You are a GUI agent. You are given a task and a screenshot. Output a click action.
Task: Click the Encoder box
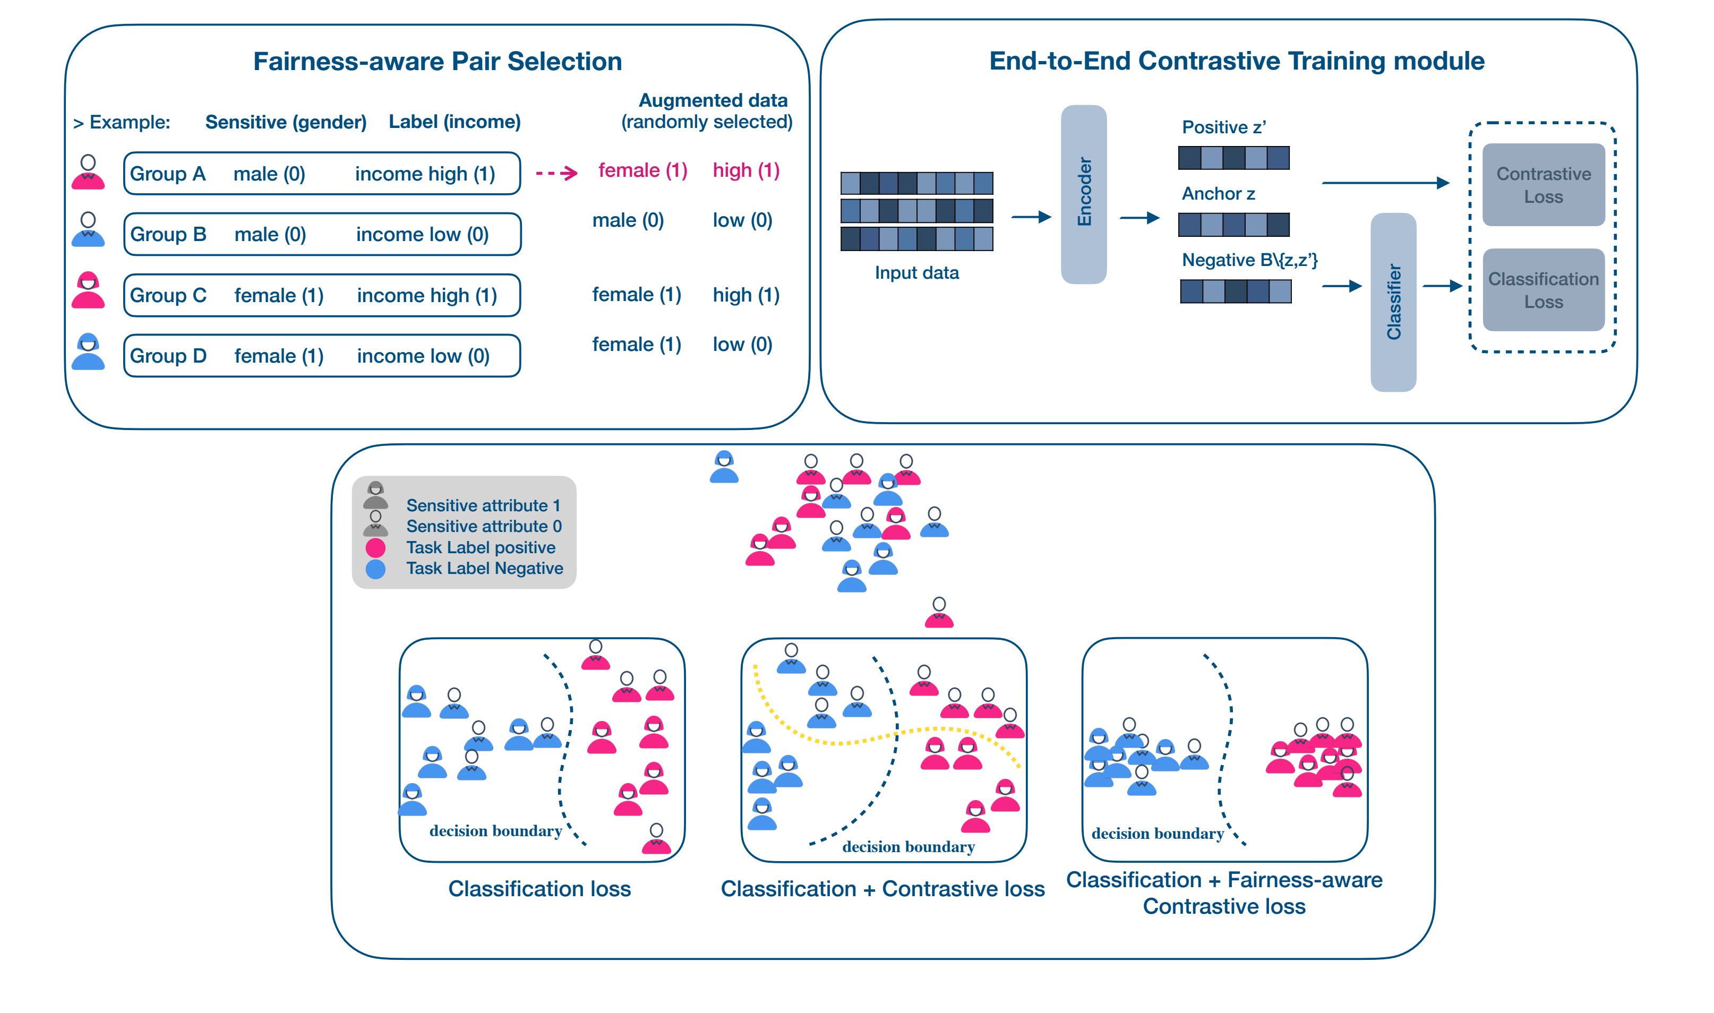pyautogui.click(x=1083, y=194)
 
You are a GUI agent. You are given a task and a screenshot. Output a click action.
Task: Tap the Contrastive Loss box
pyautogui.click(x=1544, y=184)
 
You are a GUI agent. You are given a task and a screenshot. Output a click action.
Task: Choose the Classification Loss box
pyautogui.click(x=1544, y=289)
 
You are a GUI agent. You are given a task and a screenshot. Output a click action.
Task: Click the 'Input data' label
pyautogui.click(x=916, y=273)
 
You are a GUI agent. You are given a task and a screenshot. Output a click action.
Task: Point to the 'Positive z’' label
pyautogui.click(x=1224, y=127)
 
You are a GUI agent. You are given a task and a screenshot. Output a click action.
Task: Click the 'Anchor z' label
pyautogui.click(x=1219, y=194)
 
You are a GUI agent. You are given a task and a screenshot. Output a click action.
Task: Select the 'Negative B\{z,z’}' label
pyautogui.click(x=1250, y=260)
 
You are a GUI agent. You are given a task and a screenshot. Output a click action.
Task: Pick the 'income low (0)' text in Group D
pyautogui.click(x=423, y=356)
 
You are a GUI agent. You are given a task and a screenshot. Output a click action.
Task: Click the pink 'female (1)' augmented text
pyautogui.click(x=642, y=170)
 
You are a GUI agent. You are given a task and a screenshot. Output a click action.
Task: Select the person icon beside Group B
pyautogui.click(x=88, y=229)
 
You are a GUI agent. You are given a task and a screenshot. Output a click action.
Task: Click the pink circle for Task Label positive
pyautogui.click(x=375, y=547)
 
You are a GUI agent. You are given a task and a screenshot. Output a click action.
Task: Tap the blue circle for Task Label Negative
pyautogui.click(x=375, y=569)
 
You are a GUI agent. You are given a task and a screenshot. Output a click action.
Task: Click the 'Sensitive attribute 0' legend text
pyautogui.click(x=484, y=526)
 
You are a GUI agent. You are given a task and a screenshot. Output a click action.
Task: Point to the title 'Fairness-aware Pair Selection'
pyautogui.click(x=438, y=62)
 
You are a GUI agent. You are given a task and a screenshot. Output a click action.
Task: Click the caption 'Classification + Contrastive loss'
pyautogui.click(x=882, y=889)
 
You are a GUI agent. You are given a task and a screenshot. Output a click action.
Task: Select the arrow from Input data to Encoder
pyautogui.click(x=1031, y=217)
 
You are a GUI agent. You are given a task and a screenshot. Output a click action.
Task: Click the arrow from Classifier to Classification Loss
pyautogui.click(x=1442, y=286)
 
